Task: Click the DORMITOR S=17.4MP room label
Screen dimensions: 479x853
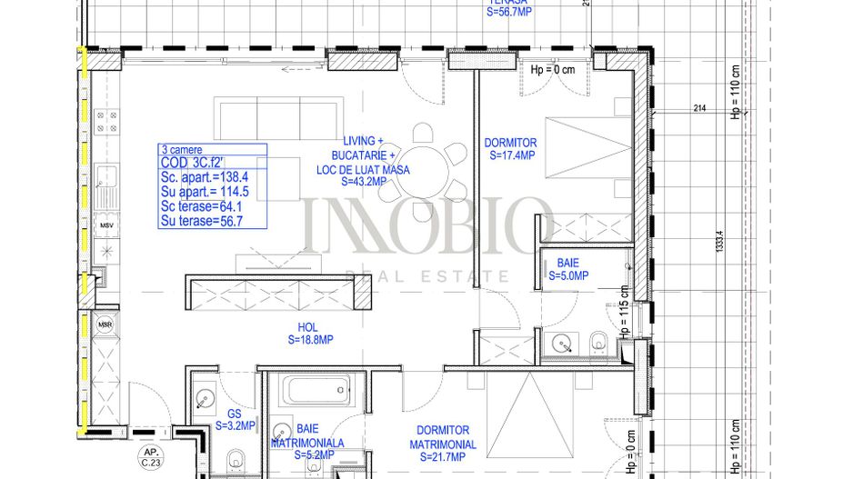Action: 510,149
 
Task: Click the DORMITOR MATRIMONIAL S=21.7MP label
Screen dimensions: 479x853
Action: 443,437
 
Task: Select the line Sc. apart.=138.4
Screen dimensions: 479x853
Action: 204,176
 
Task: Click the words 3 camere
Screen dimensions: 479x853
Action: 182,149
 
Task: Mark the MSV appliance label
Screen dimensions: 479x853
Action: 106,225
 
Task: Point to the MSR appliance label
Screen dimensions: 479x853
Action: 105,323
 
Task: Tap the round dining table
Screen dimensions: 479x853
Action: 423,165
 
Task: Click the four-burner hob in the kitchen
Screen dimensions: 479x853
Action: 106,123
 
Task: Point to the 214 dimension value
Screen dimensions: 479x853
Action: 699,109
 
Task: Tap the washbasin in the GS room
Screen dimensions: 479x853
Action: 206,397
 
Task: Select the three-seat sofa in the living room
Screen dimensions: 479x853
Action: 257,116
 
